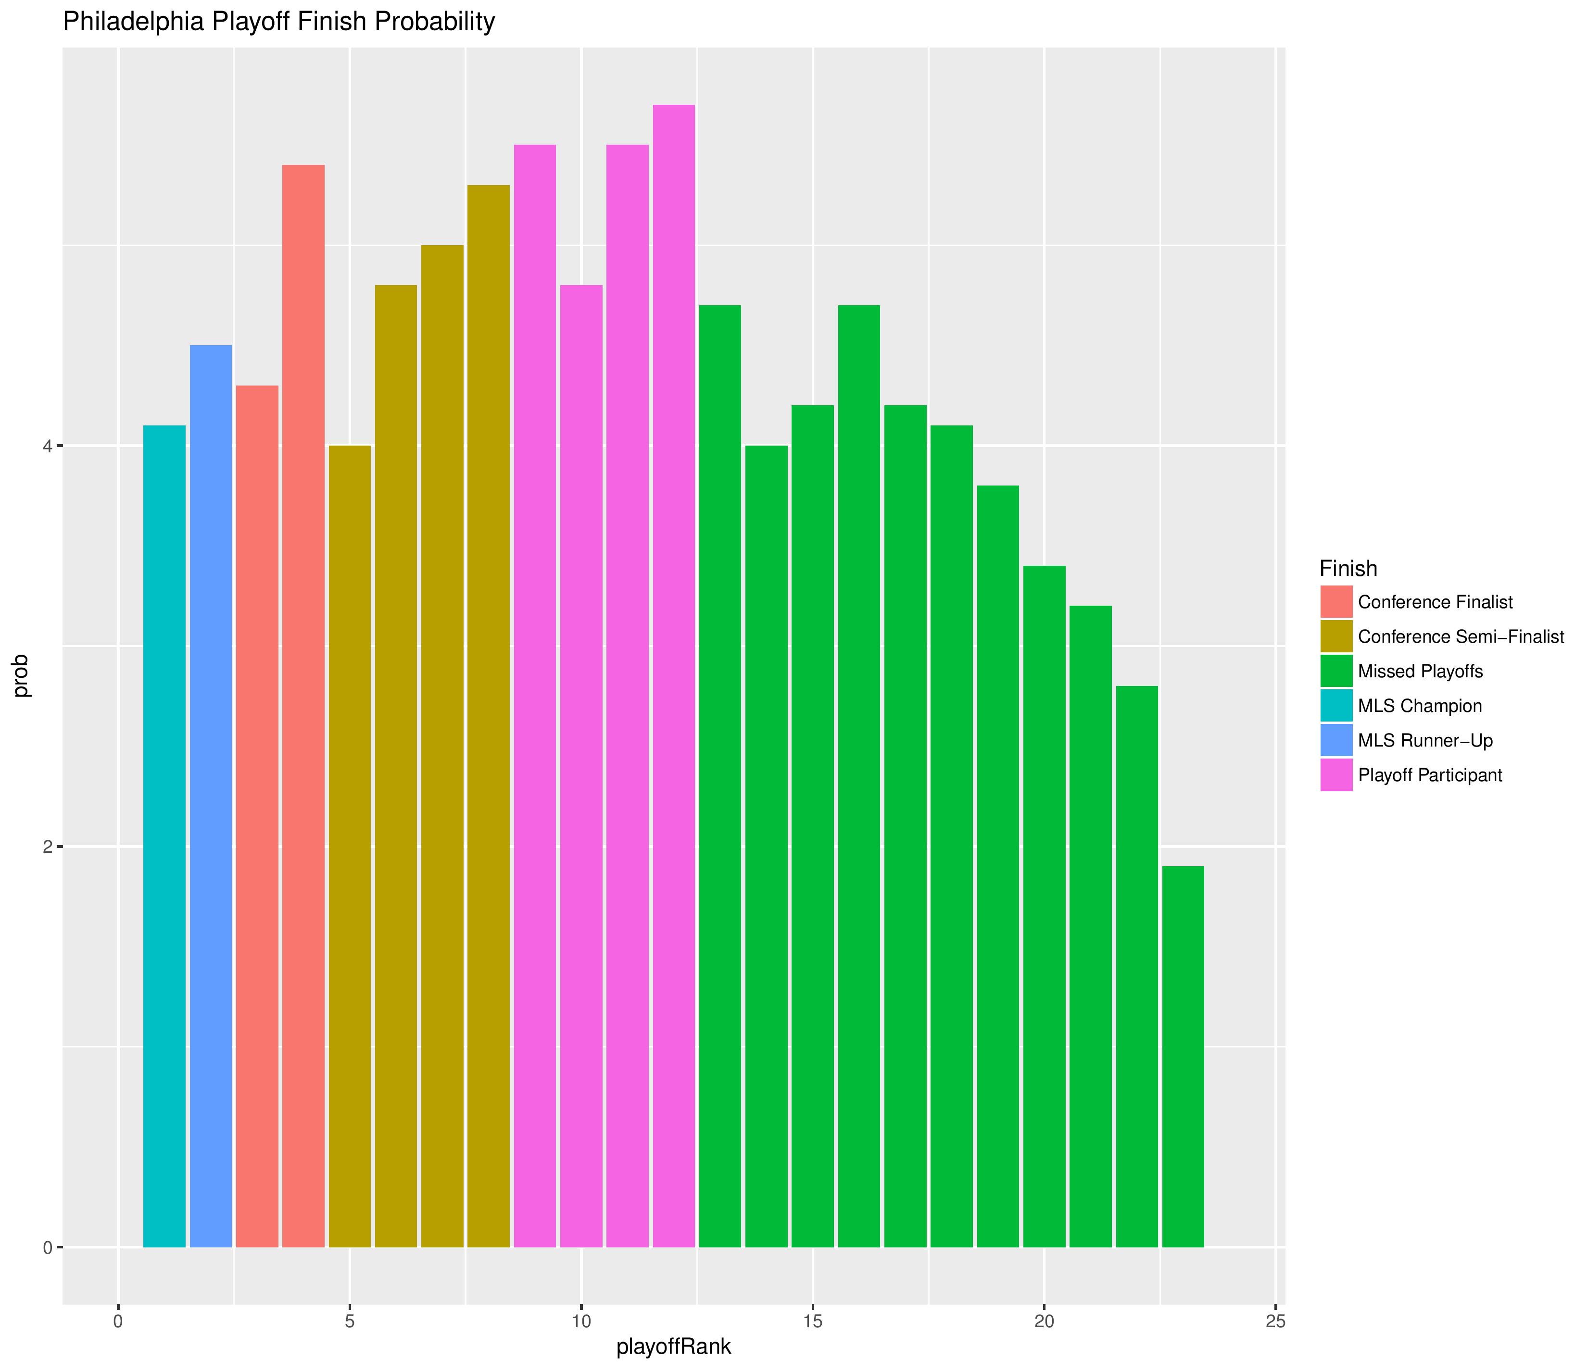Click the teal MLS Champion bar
pyautogui.click(x=164, y=836)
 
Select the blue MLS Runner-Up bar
pyautogui.click(x=211, y=797)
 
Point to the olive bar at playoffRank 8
pyautogui.click(x=489, y=716)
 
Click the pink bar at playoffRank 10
pyautogui.click(x=581, y=766)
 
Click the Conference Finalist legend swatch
pyautogui.click(x=1336, y=602)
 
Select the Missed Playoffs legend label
pyautogui.click(x=1420, y=672)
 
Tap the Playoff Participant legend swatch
pyautogui.click(x=1336, y=775)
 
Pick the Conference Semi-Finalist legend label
pyautogui.click(x=1461, y=637)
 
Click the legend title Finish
pyautogui.click(x=1348, y=568)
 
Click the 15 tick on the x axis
pyautogui.click(x=813, y=1322)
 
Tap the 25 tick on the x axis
pyautogui.click(x=1275, y=1322)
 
